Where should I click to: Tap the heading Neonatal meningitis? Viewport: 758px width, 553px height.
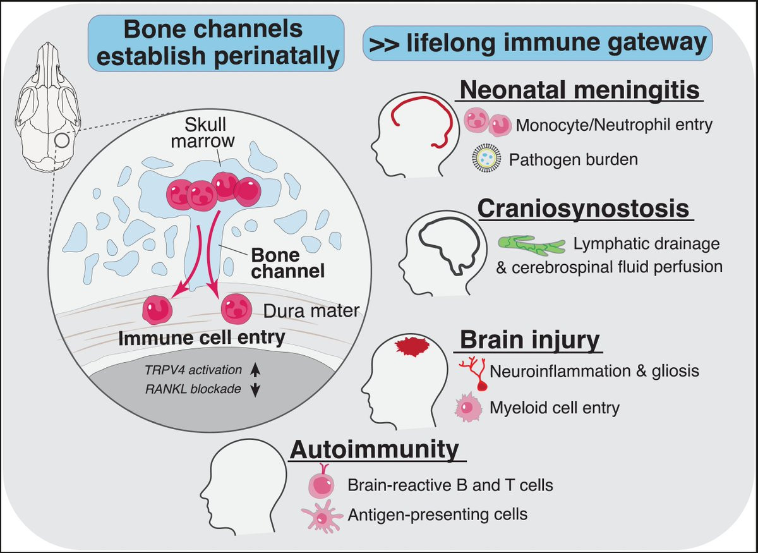click(579, 90)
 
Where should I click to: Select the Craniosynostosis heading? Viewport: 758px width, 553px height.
click(582, 209)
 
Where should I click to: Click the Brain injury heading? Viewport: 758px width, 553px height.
click(529, 340)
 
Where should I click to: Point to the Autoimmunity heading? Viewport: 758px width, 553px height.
click(374, 450)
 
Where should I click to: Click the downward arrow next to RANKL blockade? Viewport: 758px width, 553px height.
click(255, 390)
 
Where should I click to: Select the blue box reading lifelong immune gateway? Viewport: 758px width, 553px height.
click(538, 44)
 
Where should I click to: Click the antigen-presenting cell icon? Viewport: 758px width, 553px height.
click(323, 518)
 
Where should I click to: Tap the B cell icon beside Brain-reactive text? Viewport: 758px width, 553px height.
click(322, 484)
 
